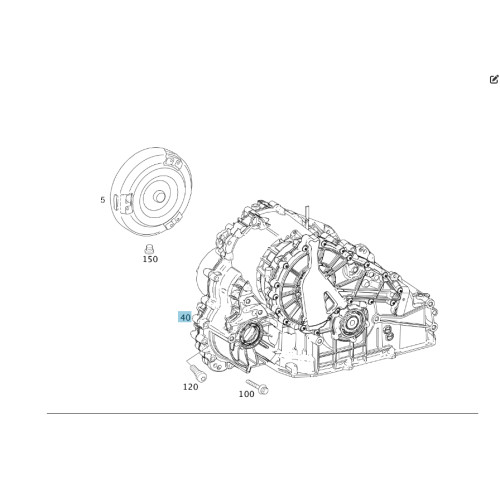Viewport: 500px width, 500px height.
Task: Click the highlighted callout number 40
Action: coord(185,317)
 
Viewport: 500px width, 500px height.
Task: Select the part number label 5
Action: coord(102,200)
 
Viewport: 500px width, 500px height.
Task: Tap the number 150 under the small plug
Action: coord(150,259)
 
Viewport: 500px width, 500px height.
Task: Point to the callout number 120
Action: coord(190,386)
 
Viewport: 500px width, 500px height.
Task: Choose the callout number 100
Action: coord(246,393)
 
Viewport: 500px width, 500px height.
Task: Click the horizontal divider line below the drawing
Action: coord(250,413)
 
